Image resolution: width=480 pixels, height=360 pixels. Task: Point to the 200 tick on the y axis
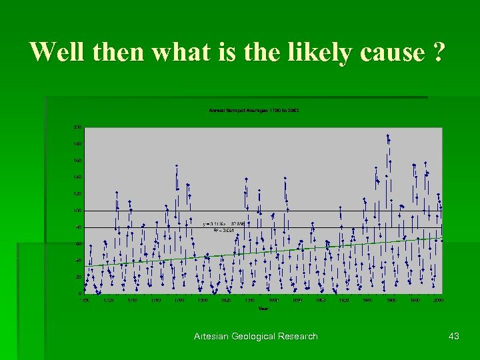(x=78, y=127)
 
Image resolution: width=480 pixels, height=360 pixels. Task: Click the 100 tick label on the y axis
(x=78, y=210)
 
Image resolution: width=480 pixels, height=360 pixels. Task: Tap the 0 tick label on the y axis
(x=80, y=293)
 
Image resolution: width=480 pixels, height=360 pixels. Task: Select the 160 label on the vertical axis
(x=78, y=160)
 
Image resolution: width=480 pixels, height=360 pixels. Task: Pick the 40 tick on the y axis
(x=79, y=260)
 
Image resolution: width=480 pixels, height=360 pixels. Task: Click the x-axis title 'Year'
(x=264, y=308)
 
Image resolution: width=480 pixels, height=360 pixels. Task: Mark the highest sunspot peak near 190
(x=387, y=135)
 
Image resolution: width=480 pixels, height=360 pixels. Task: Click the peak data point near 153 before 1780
(x=177, y=166)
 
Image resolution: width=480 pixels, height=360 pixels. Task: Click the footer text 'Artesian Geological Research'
(x=256, y=336)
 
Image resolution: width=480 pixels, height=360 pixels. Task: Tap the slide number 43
(x=454, y=336)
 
